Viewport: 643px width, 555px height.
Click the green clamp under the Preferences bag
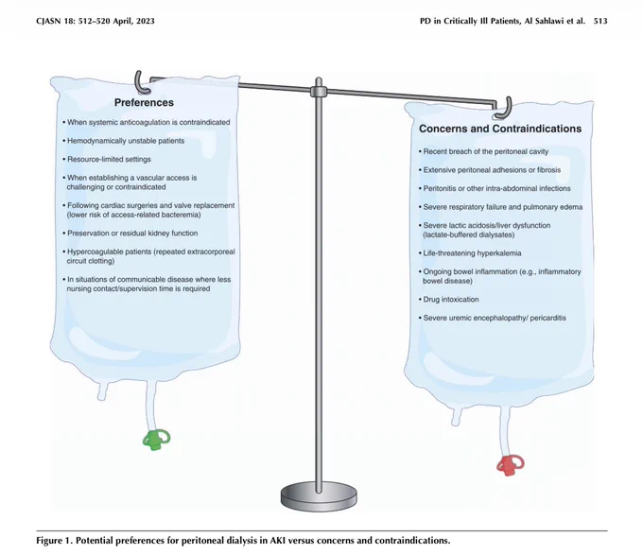(x=156, y=440)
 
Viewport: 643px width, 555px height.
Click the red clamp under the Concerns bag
(x=510, y=465)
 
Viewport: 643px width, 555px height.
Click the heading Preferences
(x=144, y=102)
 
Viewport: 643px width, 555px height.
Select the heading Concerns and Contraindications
(x=500, y=129)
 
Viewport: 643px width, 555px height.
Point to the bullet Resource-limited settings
(x=107, y=159)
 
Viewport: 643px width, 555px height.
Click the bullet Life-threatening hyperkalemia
(x=470, y=253)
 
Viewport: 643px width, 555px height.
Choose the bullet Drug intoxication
(x=448, y=299)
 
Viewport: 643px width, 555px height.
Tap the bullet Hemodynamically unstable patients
(x=124, y=141)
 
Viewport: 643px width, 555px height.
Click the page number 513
(x=600, y=21)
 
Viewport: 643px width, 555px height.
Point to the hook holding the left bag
(x=142, y=83)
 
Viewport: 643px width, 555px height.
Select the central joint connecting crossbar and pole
(x=319, y=92)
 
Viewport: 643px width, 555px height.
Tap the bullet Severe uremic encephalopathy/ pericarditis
(x=492, y=318)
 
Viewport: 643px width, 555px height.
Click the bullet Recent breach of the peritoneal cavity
(x=483, y=151)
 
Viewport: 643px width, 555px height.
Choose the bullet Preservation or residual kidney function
(x=130, y=234)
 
